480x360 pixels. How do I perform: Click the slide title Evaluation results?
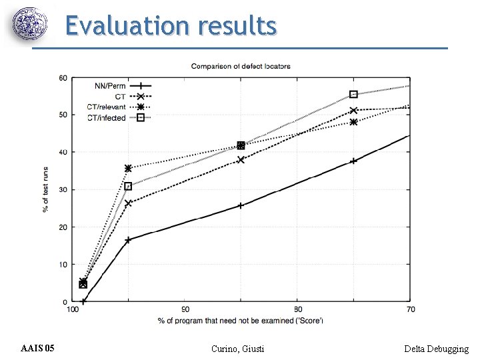pyautogui.click(x=170, y=26)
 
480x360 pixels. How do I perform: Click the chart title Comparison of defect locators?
pyautogui.click(x=241, y=66)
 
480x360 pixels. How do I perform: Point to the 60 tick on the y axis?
pyautogui.click(x=63, y=78)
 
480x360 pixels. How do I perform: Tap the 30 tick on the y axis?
pyautogui.click(x=63, y=190)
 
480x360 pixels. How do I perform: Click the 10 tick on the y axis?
pyautogui.click(x=63, y=265)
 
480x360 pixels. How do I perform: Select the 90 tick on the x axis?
pyautogui.click(x=185, y=309)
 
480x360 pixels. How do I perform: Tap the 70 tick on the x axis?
pyautogui.click(x=411, y=309)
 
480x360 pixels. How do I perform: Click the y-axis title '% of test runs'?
pyautogui.click(x=45, y=190)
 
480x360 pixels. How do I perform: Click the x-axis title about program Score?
pyautogui.click(x=241, y=321)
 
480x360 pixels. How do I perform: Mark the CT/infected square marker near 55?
pyautogui.click(x=353, y=95)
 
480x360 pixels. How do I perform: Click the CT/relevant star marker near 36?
pyautogui.click(x=128, y=168)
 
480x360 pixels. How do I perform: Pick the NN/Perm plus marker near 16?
pyautogui.click(x=128, y=240)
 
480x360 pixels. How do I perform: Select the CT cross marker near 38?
pyautogui.click(x=241, y=159)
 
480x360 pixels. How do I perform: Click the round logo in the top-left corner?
pyautogui.click(x=31, y=25)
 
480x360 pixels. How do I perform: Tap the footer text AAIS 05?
pyautogui.click(x=39, y=349)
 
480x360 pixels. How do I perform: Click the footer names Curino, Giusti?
pyautogui.click(x=237, y=349)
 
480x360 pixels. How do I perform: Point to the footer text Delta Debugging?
pyautogui.click(x=437, y=349)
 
